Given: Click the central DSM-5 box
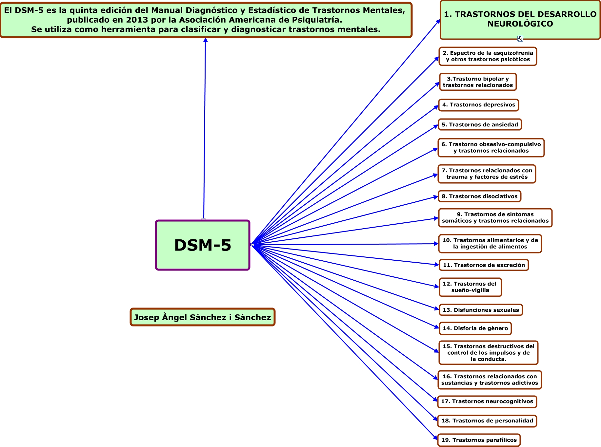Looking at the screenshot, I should (203, 245).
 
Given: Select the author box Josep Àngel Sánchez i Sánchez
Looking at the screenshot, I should (202, 317).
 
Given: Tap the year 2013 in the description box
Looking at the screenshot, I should (137, 20).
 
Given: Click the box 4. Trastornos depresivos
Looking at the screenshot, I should (478, 105).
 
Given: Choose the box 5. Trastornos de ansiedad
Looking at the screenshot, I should (480, 125).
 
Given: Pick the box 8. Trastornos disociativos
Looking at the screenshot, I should (479, 196).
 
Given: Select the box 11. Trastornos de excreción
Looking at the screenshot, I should (484, 265).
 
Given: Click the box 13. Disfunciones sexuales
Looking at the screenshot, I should (481, 310).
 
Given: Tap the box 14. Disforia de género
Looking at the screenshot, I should (475, 328).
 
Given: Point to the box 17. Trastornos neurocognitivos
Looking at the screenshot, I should (487, 401).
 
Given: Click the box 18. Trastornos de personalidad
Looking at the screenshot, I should (487, 421).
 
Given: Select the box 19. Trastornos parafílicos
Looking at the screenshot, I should (479, 440).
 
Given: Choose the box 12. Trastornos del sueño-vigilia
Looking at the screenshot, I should (470, 287).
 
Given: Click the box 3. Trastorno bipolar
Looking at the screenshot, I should (478, 82).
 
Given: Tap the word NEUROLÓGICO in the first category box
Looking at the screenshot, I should (520, 24).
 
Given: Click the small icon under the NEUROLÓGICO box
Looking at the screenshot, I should (520, 39).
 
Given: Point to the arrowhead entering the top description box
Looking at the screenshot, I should (205, 40).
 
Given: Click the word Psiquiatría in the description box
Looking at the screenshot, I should (320, 20).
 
